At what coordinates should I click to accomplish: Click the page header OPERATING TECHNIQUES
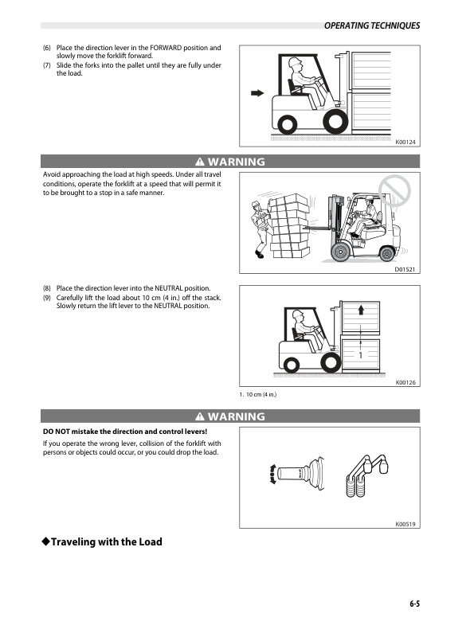pos(372,25)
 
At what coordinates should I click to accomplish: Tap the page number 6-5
pos(414,604)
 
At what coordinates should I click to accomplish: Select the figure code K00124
pos(405,142)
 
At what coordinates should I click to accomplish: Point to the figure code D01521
pos(405,269)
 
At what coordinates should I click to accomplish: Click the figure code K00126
pos(405,382)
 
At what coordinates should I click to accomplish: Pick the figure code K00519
pos(405,524)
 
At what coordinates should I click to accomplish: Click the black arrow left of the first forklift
pos(257,93)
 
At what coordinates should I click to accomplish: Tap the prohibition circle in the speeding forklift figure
pos(394,190)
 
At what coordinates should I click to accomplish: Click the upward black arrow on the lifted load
pos(361,309)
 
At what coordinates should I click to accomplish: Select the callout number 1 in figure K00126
pos(360,355)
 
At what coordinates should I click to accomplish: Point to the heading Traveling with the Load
pos(102,542)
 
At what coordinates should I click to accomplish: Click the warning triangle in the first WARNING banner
pos(199,162)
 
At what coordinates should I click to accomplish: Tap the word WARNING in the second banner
pos(237,416)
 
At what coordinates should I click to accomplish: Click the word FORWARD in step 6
pos(166,48)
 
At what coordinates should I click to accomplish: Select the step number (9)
pos(47,298)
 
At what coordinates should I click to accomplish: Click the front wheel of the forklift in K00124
pos(335,121)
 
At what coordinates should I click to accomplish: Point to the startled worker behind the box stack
pos(260,229)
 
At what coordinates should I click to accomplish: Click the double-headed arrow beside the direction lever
pos(272,474)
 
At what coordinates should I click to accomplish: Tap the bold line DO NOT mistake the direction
pos(125,432)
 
